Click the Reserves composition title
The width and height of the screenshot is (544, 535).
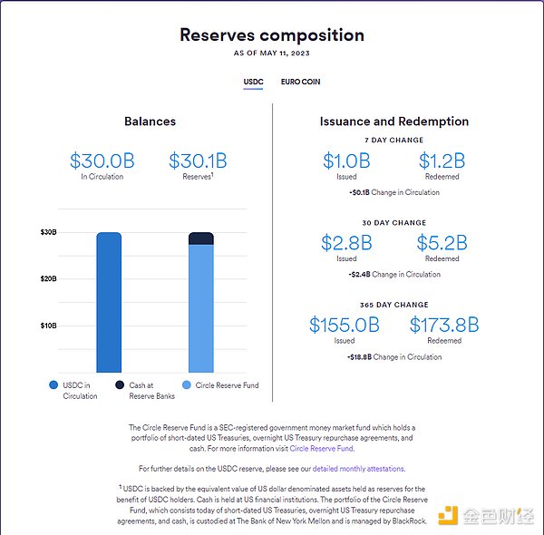point(271,35)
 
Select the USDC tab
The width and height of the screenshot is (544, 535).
point(253,82)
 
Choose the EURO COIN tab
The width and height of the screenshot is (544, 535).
point(300,82)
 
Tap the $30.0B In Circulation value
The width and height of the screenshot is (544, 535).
point(102,161)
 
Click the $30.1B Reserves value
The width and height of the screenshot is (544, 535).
point(198,161)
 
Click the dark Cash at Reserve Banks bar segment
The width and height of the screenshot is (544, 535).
point(201,238)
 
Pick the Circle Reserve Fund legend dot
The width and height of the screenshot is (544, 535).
point(187,385)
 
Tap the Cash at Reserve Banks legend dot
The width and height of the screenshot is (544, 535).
point(120,385)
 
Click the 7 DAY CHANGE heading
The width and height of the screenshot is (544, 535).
point(393,141)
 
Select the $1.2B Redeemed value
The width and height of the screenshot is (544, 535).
point(442,161)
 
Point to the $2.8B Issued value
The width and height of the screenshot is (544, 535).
point(346,243)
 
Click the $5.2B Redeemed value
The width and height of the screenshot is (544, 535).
point(442,243)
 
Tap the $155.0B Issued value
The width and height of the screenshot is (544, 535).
point(344,325)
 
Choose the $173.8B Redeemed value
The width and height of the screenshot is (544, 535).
point(443,325)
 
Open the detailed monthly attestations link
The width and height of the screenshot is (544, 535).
point(358,468)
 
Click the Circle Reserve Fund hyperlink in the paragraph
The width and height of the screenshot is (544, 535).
point(322,448)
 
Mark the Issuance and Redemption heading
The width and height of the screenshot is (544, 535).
point(393,122)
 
